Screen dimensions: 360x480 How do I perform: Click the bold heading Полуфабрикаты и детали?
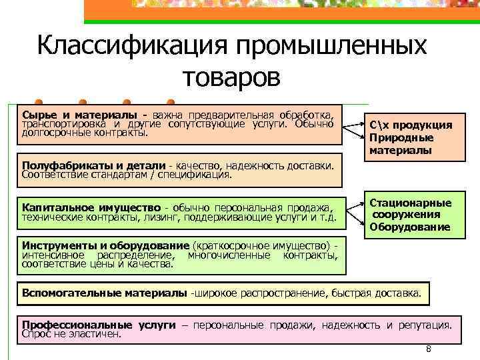coord(93,165)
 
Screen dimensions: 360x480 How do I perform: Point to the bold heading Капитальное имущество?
coord(91,207)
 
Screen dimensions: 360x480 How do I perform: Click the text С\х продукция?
coord(410,125)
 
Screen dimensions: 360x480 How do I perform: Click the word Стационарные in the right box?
coord(411,203)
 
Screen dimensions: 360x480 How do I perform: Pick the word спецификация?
coord(199,175)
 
